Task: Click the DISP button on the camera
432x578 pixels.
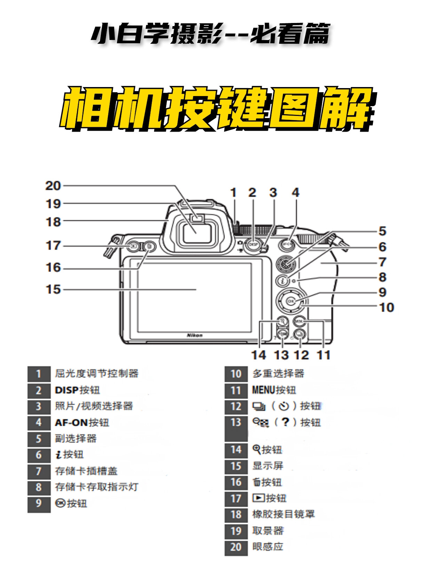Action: [254, 244]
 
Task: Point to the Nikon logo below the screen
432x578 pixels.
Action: [195, 335]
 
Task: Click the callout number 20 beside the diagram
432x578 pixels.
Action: [53, 186]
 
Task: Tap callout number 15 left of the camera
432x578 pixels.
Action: [53, 289]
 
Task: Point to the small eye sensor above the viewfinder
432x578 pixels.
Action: [198, 218]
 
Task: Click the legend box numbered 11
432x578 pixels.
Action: [236, 390]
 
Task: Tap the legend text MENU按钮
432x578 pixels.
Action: [274, 390]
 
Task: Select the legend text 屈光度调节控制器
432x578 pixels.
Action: [97, 374]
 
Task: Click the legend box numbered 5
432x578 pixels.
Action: [39, 439]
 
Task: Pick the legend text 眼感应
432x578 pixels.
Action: [267, 547]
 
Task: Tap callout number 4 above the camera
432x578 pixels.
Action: [295, 193]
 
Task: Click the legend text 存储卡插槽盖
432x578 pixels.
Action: [86, 471]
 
